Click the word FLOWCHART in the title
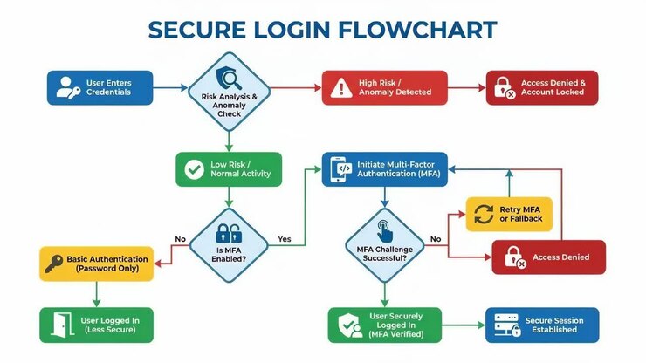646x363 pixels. (x=417, y=30)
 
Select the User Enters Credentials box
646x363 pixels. (x=100, y=88)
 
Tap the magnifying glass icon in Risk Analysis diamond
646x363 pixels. (x=229, y=79)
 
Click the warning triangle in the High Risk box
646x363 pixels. (x=341, y=88)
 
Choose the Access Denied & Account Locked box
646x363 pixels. (x=542, y=88)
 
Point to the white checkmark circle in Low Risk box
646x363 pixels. (x=195, y=169)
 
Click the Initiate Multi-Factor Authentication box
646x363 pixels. (x=384, y=169)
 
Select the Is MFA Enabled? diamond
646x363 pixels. (x=229, y=245)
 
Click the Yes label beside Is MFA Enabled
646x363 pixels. (x=285, y=239)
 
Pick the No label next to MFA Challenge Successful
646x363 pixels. (x=436, y=239)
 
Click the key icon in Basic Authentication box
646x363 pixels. (x=54, y=264)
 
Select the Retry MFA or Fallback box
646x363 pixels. (x=509, y=215)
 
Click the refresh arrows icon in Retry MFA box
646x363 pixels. (x=484, y=215)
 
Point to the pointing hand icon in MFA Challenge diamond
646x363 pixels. (x=384, y=231)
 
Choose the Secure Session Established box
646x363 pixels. (x=542, y=325)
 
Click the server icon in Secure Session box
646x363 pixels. (x=507, y=325)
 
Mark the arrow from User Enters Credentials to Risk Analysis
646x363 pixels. (x=170, y=88)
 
